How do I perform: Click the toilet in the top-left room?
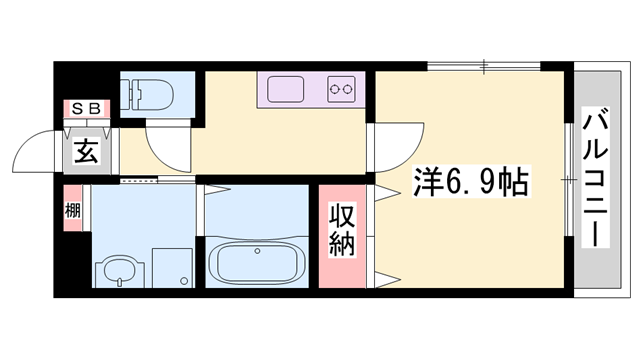[x=152, y=95]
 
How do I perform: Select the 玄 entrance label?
[x=86, y=154]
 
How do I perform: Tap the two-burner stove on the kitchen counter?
[x=342, y=90]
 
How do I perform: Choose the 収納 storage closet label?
[x=342, y=230]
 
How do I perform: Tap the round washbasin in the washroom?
[x=115, y=271]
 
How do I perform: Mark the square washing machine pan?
[x=171, y=265]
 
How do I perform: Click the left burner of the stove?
[x=335, y=90]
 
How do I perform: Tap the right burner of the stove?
[x=350, y=90]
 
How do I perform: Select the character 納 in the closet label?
[x=342, y=244]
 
